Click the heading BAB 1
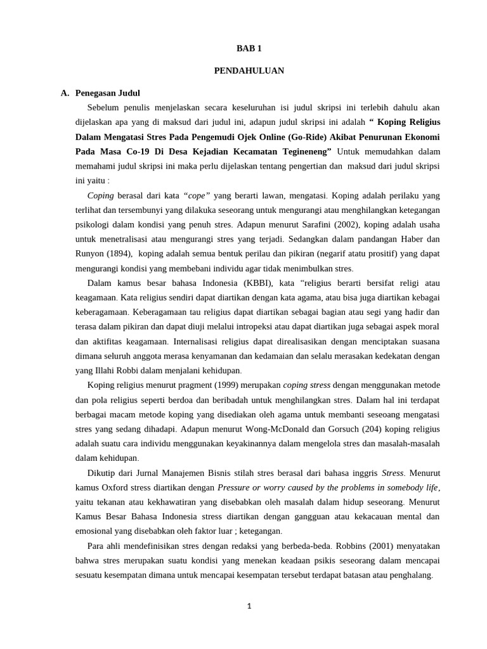pyautogui.click(x=249, y=48)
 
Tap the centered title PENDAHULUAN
pyautogui.click(x=249, y=71)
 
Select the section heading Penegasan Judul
pyautogui.click(x=107, y=93)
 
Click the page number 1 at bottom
pyautogui.click(x=249, y=606)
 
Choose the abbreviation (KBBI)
pyautogui.click(x=253, y=283)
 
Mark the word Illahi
pyautogui.click(x=107, y=370)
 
